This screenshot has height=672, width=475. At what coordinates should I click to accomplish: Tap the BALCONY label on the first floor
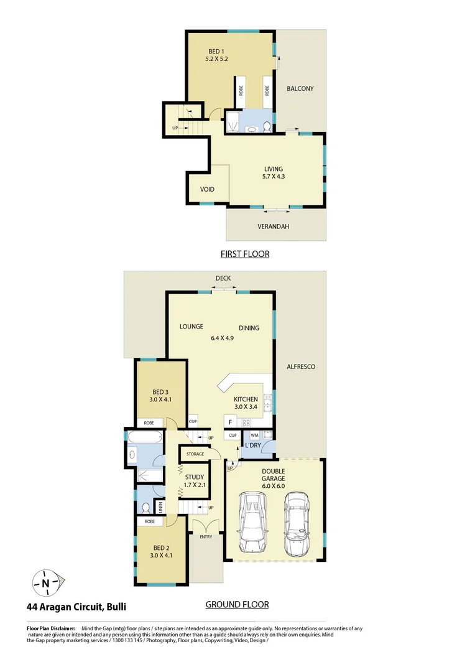pos(300,89)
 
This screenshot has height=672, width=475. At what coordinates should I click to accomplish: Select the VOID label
pos(207,190)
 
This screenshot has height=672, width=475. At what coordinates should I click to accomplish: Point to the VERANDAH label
pos(274,226)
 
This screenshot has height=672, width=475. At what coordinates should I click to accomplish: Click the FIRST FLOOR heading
pos(245,254)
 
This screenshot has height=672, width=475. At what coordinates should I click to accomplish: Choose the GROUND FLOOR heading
pos(237,604)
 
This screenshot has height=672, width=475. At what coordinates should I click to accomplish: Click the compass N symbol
pos(46,583)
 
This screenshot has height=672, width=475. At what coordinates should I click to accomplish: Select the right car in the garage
pos(297,525)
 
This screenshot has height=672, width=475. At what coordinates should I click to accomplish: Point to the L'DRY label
pos(252,446)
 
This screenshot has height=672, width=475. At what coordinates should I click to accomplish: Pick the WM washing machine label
pos(255,436)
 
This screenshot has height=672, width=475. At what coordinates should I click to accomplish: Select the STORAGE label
pos(195,454)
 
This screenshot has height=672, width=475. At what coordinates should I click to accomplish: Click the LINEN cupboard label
pos(160,508)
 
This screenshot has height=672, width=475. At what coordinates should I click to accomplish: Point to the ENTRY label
pos(206,536)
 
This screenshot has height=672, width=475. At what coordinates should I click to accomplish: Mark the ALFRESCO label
pos(300,367)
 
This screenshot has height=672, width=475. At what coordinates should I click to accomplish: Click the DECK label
pos(223,278)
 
